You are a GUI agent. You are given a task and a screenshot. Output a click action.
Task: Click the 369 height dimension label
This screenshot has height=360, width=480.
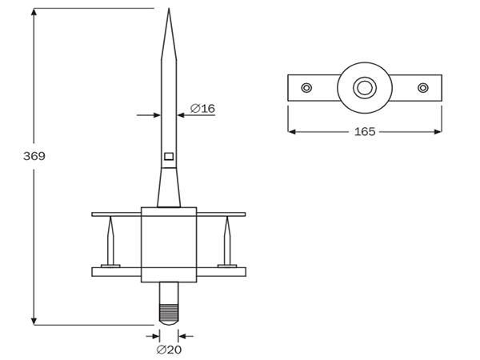34,156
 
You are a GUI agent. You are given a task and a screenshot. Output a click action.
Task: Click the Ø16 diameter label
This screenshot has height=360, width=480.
202,108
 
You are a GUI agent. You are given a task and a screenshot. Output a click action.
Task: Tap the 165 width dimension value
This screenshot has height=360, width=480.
365,131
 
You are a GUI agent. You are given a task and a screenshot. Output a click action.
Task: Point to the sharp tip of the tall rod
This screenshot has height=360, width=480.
169,10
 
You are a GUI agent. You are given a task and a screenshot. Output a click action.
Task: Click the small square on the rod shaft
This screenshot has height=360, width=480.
169,156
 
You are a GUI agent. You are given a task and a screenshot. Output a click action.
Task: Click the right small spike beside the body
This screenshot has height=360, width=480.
227,244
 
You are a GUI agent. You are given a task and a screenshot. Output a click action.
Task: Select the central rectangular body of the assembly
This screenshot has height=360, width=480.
169,244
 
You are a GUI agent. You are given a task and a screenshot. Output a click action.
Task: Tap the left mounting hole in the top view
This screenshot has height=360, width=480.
306,87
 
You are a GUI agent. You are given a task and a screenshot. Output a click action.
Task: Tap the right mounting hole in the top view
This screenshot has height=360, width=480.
423,87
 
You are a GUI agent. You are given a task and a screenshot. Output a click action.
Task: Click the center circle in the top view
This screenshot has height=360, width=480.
365,86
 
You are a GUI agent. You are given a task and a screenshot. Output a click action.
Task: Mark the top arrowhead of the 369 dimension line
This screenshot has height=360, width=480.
34,13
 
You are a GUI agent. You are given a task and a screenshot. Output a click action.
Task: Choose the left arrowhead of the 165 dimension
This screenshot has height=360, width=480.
293,131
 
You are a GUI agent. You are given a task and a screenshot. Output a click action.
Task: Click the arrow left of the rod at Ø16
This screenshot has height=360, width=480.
157,115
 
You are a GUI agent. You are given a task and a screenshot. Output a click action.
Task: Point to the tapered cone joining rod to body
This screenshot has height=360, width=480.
169,190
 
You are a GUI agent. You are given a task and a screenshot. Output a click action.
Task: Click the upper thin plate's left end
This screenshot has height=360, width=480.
95,214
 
